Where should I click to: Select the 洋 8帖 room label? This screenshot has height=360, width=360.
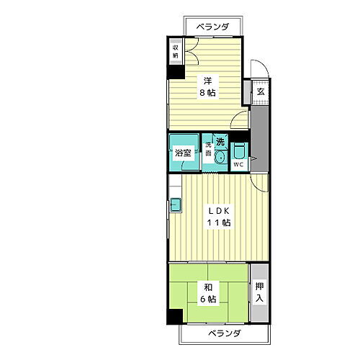coord(207,86)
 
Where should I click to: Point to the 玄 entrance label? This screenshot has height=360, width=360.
coord(261,91)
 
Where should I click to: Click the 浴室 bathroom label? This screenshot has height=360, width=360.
coord(183,153)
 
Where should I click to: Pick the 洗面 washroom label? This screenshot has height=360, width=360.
coord(207,151)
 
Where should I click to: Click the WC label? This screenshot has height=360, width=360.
coord(238,164)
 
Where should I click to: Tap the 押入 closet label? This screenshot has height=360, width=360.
coord(260,292)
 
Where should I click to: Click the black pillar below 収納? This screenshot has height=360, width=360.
coord(175,72)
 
